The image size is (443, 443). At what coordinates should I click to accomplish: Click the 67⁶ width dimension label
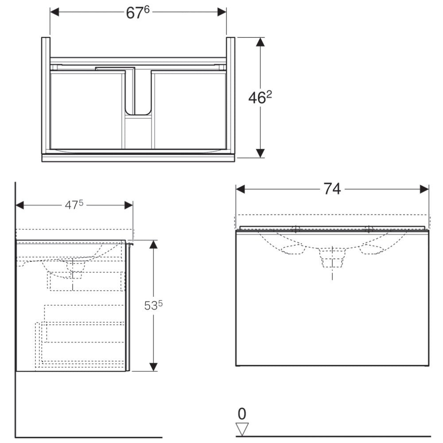click(x=138, y=13)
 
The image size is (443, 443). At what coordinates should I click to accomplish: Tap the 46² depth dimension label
click(x=260, y=98)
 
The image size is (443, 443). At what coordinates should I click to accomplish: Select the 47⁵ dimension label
click(x=74, y=205)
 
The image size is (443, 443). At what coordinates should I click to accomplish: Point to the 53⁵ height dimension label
click(x=153, y=305)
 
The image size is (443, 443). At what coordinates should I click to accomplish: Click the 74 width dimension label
click(x=332, y=189)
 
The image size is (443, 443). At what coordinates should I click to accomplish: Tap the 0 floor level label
click(x=242, y=414)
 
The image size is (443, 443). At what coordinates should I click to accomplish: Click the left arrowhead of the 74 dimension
click(x=240, y=189)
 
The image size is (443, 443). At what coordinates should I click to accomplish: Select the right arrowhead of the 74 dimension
click(x=424, y=189)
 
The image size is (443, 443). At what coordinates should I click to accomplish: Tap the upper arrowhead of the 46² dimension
click(x=260, y=42)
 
